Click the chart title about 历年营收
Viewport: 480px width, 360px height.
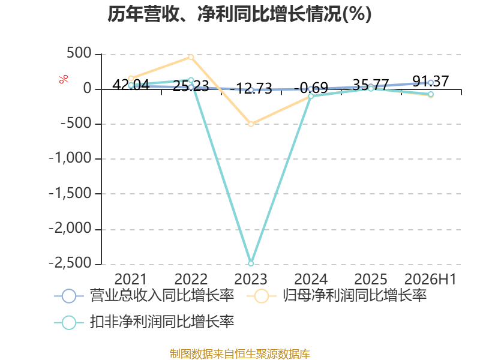click(239, 14)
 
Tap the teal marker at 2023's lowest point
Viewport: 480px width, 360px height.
click(251, 263)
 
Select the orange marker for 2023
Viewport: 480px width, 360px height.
click(251, 124)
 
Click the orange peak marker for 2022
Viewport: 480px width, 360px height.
click(191, 57)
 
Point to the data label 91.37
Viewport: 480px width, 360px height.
click(430, 82)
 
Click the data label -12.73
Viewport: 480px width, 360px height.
click(251, 88)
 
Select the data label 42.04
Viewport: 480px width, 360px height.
click(131, 85)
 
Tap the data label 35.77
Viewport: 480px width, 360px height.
click(371, 85)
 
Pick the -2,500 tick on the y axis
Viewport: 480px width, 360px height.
click(70, 263)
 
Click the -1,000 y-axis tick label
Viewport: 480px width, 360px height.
click(70, 158)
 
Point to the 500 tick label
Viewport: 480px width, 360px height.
click(79, 53)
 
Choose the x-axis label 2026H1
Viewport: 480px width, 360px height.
click(430, 279)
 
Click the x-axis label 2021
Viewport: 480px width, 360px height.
click(131, 279)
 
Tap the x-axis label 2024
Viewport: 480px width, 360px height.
click(311, 279)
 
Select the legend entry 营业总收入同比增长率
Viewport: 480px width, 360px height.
click(144, 296)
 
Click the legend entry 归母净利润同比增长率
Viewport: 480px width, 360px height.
click(337, 296)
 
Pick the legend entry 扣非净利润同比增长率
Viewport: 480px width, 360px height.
click(144, 322)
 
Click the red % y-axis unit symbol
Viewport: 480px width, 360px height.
click(64, 79)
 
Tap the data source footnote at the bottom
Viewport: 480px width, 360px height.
click(240, 353)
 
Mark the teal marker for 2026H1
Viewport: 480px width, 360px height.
click(430, 94)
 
